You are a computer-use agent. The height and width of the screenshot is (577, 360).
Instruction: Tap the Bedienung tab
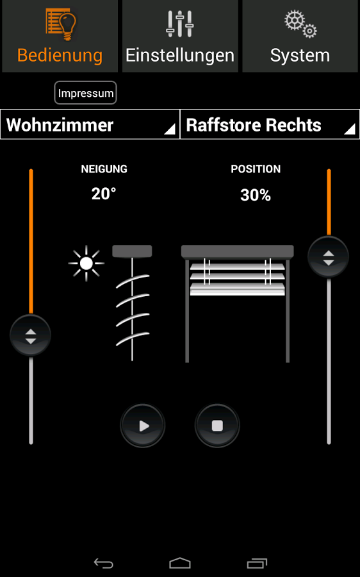pos(60,36)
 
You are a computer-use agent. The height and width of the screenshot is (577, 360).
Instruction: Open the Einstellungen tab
pos(180,36)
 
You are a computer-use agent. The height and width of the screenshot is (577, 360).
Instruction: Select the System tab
pos(300,36)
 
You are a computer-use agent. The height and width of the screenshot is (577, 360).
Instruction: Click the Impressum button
pos(86,93)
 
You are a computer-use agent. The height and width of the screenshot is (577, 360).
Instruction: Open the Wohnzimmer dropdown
pos(90,124)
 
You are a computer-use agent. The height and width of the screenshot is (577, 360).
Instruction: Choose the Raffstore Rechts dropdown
pos(270,124)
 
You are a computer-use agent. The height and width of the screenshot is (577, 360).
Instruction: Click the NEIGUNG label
pos(104,169)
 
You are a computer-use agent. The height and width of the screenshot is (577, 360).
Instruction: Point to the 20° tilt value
pos(104,194)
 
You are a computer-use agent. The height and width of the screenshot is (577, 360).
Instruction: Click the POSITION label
pos(256,169)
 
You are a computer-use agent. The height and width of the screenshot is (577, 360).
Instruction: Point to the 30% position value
pos(256,195)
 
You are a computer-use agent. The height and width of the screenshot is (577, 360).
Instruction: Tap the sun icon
pos(86,263)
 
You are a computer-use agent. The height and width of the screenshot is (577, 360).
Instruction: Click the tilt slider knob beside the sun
pos(31,335)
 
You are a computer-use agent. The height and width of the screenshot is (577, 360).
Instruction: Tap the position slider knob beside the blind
pos(329,256)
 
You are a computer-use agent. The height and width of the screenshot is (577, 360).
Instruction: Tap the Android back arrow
pos(104,563)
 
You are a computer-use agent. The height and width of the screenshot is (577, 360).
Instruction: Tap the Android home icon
pos(180,563)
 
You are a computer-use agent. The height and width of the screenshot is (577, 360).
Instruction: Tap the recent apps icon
pos(257,563)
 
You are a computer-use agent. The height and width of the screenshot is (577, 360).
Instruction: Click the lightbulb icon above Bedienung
pos(61,24)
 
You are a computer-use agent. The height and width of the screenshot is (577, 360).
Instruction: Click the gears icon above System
pos(300,24)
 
